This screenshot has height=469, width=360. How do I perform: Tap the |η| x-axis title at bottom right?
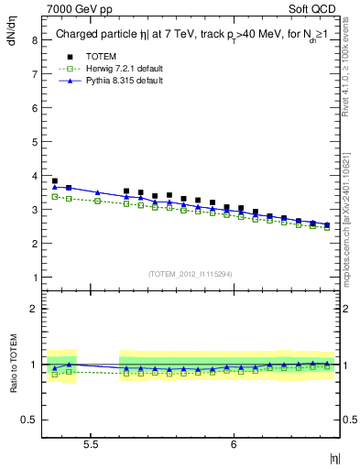[x=334, y=455]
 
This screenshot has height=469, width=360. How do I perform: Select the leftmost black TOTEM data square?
[x=55, y=181]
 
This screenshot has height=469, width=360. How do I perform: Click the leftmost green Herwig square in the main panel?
[x=55, y=196]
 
